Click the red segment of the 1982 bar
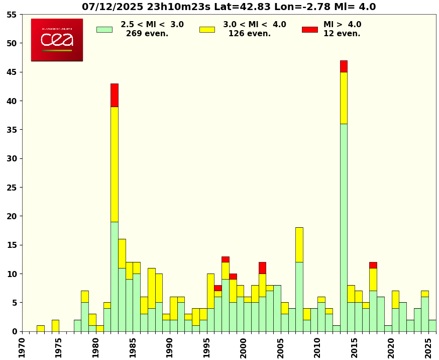pos(115,95)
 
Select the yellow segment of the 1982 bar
pos(115,164)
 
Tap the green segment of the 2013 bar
pos(344,227)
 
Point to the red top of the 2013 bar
pos(344,66)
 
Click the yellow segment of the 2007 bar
pos(299,245)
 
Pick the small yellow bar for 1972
pos(41,328)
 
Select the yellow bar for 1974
pos(55,326)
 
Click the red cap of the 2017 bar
pos(373,265)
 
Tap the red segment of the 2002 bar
pos(262,268)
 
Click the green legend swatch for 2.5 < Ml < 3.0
pos(104,30)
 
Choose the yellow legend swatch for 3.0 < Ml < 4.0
pos(207,30)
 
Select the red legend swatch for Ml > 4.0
pos(310,30)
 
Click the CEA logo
pos(57,40)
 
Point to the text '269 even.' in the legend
pos(147,34)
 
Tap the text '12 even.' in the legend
pos(342,34)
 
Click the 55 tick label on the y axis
pos(12,15)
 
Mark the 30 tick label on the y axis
pos(12,159)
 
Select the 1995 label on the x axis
pos(207,347)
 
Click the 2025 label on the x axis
pos(428,347)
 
